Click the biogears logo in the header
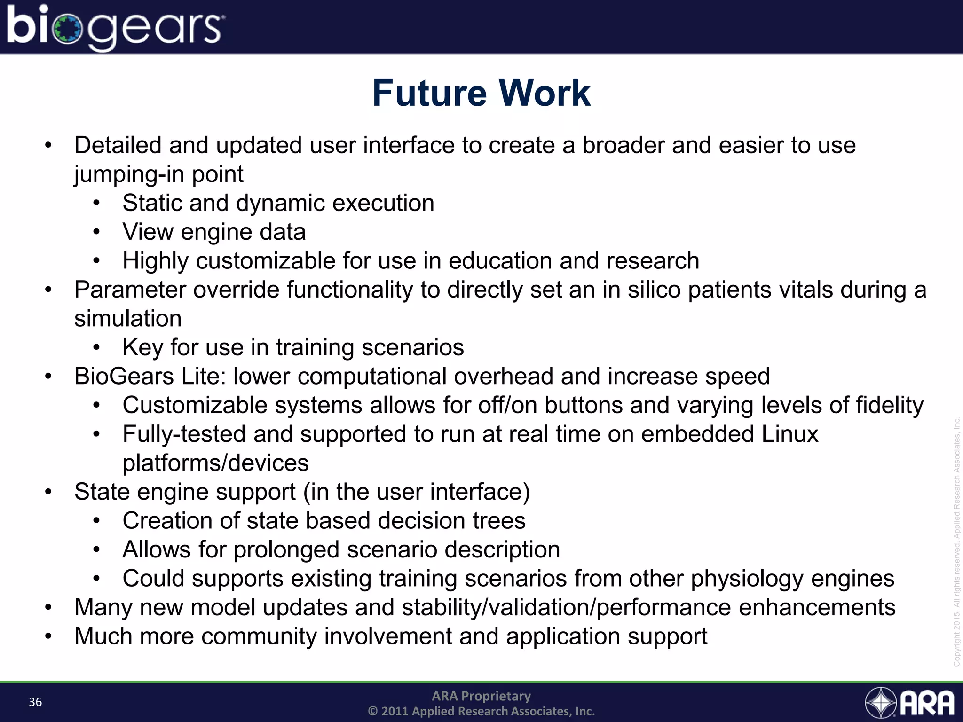point(115,27)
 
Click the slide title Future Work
point(481,93)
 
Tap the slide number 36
point(35,702)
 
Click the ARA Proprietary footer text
point(481,696)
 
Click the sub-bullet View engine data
point(214,232)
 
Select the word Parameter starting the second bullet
point(130,290)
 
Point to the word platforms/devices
point(215,463)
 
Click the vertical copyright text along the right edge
point(956,541)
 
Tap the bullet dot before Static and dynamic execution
point(96,204)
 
